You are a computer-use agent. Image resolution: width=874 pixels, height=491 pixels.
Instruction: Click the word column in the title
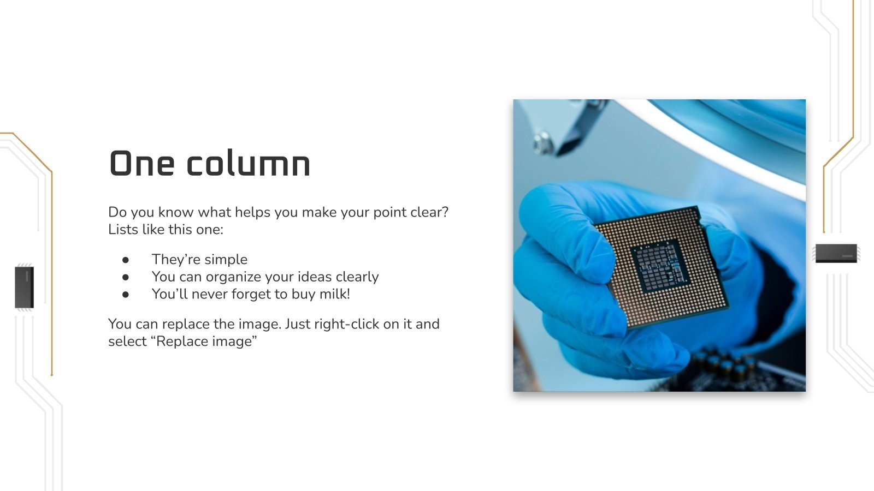pyautogui.click(x=249, y=163)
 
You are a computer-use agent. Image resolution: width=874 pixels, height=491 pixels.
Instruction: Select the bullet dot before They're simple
pyautogui.click(x=126, y=260)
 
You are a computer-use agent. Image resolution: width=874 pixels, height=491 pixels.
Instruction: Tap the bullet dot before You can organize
pyautogui.click(x=126, y=277)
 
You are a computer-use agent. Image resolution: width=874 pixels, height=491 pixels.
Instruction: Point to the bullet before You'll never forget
pyautogui.click(x=126, y=295)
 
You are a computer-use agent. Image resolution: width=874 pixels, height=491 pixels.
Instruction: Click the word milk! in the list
pyautogui.click(x=334, y=294)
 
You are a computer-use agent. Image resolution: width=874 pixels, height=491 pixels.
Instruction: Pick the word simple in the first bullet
pyautogui.click(x=226, y=260)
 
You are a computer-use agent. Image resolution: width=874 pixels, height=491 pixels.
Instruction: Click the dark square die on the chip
pyautogui.click(x=659, y=266)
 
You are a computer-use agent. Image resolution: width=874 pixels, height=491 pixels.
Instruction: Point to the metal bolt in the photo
pyautogui.click(x=543, y=142)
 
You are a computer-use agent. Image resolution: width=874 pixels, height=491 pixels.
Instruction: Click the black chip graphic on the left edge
pyautogui.click(x=24, y=287)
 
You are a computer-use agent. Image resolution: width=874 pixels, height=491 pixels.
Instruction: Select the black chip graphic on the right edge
pyautogui.click(x=836, y=253)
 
